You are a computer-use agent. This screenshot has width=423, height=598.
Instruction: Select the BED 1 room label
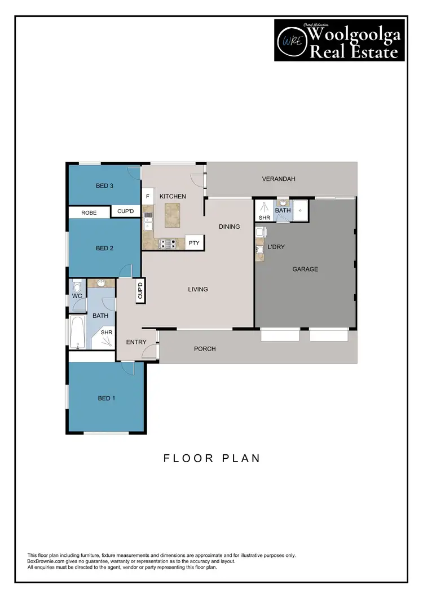(x=107, y=398)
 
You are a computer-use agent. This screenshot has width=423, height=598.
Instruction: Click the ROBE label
(x=89, y=212)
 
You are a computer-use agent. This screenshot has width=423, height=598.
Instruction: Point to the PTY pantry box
(x=194, y=243)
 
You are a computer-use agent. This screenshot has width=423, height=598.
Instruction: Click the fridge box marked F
(x=148, y=196)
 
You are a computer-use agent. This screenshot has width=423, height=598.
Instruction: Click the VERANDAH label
(x=279, y=179)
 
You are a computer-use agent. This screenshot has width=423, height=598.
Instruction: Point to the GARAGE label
(x=305, y=269)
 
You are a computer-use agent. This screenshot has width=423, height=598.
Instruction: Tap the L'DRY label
(x=276, y=247)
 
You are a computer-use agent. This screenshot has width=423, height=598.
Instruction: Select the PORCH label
(x=205, y=349)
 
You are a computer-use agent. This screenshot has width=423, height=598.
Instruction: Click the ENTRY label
(x=136, y=342)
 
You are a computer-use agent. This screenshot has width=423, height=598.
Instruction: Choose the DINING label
(x=230, y=227)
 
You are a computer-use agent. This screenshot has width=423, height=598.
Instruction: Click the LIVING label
(x=198, y=289)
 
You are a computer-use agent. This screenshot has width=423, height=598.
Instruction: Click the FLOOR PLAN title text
(x=212, y=458)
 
